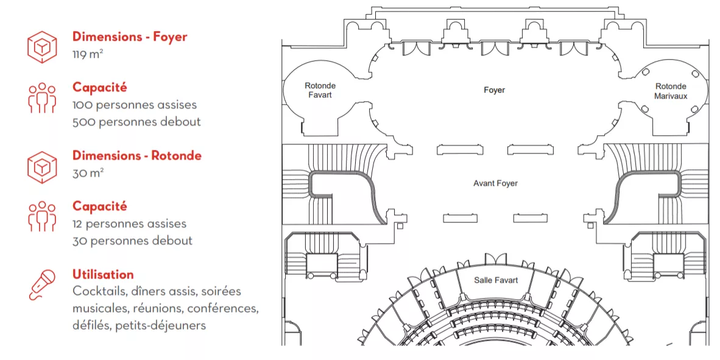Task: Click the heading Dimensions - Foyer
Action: coord(130,37)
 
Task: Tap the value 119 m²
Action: coord(88,55)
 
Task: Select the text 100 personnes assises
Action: coord(135,105)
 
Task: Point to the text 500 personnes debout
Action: coord(137,122)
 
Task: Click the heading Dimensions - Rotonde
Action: coord(137,156)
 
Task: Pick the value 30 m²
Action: coord(88,174)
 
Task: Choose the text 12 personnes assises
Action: coord(130,224)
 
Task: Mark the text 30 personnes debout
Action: coord(132,241)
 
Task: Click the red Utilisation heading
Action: coord(104,275)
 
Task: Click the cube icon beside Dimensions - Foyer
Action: coord(42,47)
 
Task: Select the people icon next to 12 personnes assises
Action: coord(42,216)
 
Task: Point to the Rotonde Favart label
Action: coord(320,91)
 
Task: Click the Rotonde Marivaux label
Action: coord(671,91)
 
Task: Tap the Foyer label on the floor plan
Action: coord(494,90)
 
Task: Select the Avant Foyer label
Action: coord(495,183)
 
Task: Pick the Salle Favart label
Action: coord(496,280)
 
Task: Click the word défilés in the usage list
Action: coord(91,325)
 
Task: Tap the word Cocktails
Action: coord(100,292)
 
